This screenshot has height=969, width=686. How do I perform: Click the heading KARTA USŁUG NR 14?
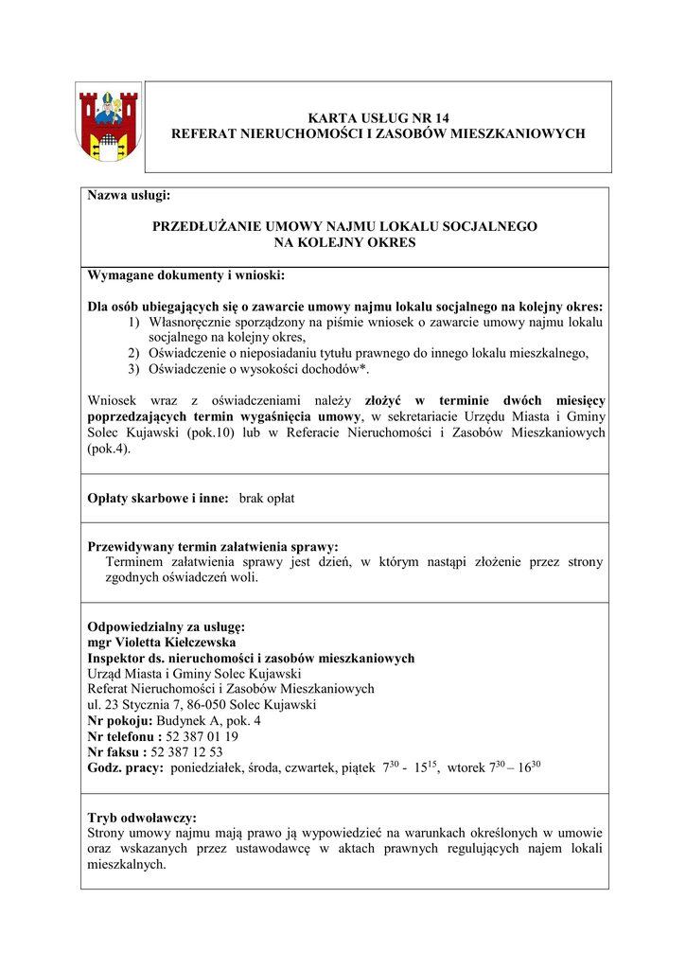click(x=378, y=117)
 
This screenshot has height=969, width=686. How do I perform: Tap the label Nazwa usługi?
click(x=128, y=196)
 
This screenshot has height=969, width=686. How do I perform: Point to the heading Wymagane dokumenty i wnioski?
click(x=185, y=275)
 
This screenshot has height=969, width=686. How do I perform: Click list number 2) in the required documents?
click(x=134, y=353)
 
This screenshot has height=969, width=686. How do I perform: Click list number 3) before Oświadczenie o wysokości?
click(x=134, y=369)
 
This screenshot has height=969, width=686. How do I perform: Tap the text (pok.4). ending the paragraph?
click(x=109, y=449)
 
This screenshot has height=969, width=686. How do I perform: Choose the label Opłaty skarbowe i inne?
click(x=158, y=498)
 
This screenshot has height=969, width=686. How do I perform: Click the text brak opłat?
click(x=267, y=498)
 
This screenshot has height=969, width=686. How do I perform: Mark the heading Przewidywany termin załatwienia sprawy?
click(x=213, y=546)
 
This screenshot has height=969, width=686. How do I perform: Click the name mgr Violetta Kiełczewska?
click(x=161, y=643)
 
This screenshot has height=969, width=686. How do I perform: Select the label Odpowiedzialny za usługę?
click(x=166, y=626)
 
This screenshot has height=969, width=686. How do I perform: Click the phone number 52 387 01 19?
click(x=202, y=735)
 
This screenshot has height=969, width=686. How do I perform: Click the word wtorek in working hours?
click(x=466, y=768)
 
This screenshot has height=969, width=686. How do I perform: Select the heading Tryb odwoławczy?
click(x=142, y=817)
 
